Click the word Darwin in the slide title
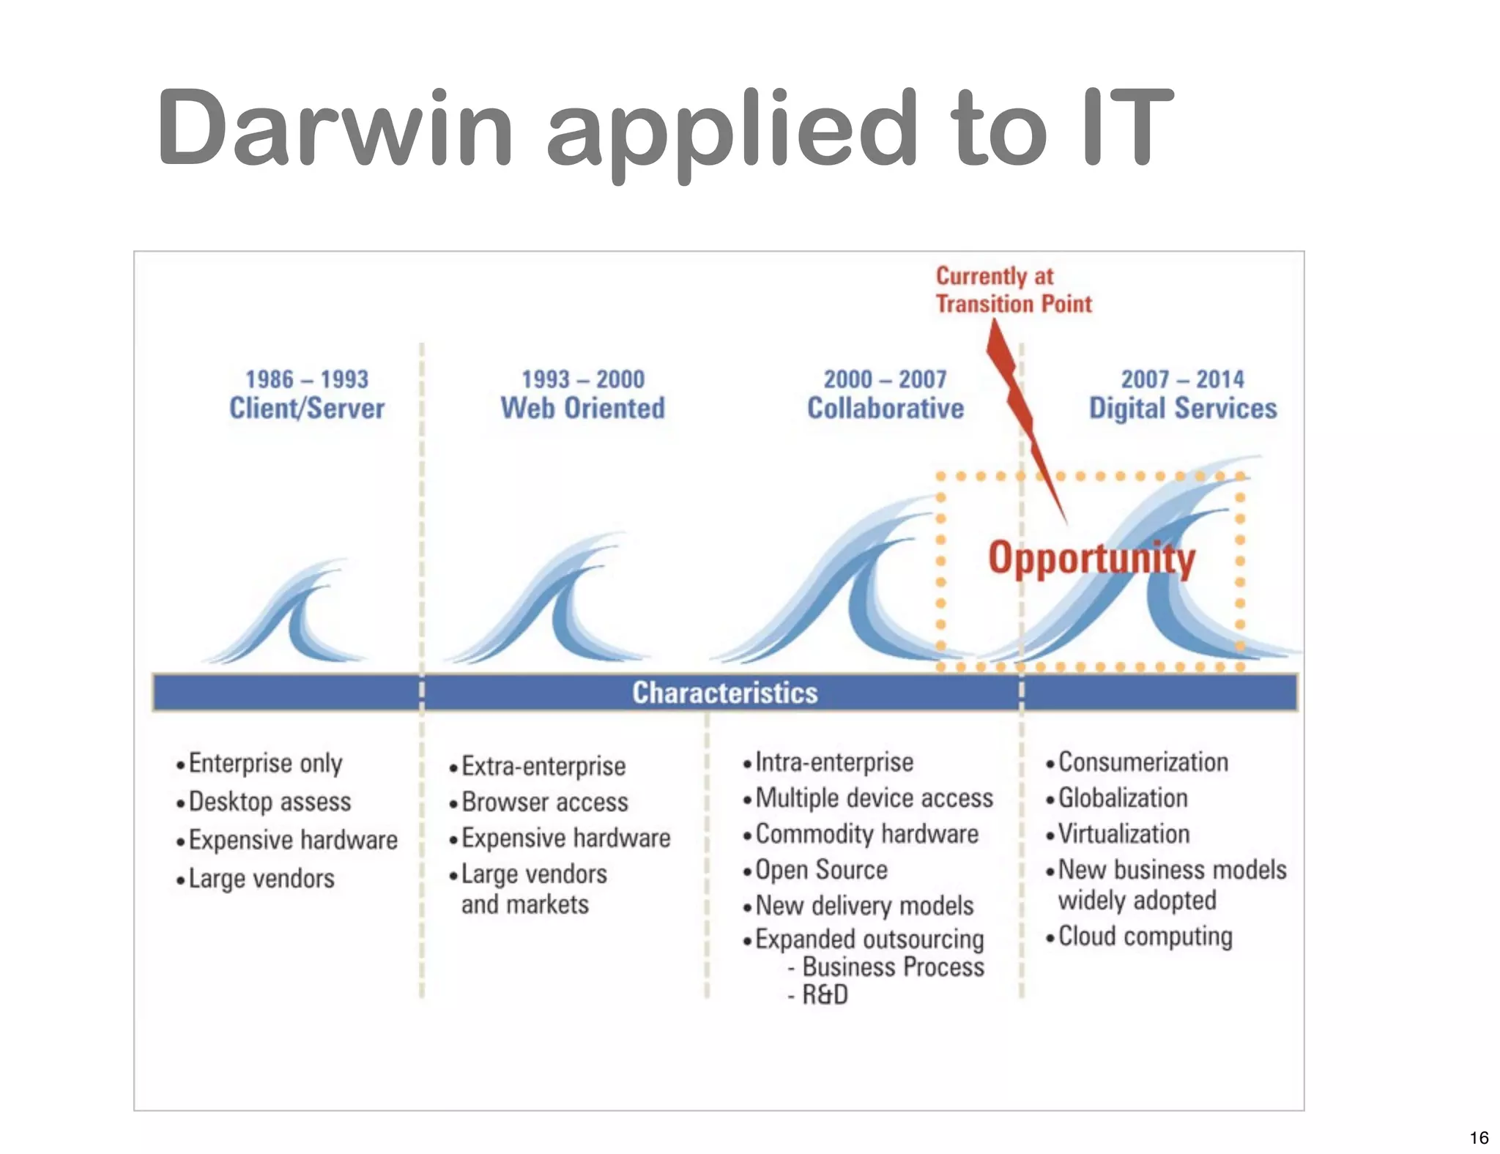point(333,128)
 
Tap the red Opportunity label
point(1091,559)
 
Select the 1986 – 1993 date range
point(306,379)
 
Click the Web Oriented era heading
point(582,409)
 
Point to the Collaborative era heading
point(885,409)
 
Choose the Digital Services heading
point(1182,409)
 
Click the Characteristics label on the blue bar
point(724,693)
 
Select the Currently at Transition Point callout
point(1013,290)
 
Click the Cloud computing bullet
point(1145,937)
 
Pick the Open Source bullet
point(821,870)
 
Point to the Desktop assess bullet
point(270,802)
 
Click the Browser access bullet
point(544,803)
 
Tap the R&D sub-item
point(824,995)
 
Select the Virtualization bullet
point(1124,834)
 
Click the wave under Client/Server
point(289,615)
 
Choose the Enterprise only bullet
point(265,764)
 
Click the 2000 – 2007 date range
point(885,379)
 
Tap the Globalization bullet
point(1122,798)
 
